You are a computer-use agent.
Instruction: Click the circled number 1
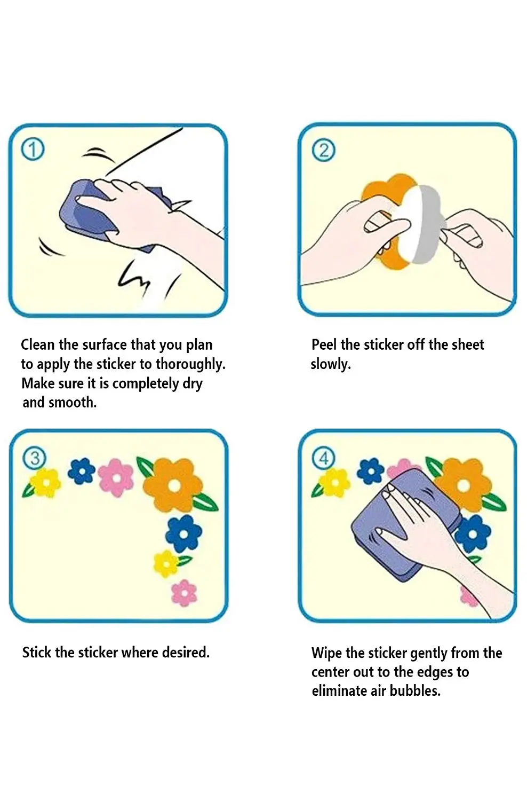click(x=33, y=150)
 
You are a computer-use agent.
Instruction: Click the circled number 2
click(x=323, y=150)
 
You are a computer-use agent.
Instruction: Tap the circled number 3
click(x=34, y=458)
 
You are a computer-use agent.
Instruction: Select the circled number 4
click(x=324, y=458)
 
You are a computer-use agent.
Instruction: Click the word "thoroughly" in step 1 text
click(x=190, y=364)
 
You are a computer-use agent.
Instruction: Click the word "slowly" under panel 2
click(x=331, y=364)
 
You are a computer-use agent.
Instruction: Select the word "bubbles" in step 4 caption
click(x=415, y=691)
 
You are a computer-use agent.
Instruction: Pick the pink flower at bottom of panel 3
click(x=185, y=593)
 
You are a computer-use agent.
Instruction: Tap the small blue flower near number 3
click(x=82, y=472)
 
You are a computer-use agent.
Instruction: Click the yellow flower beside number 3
click(x=46, y=483)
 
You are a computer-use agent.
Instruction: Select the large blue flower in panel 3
click(x=183, y=534)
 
